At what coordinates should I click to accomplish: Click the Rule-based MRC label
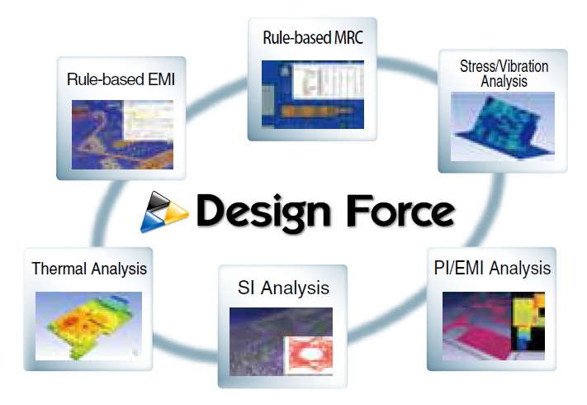click(313, 38)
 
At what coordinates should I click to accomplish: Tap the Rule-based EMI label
click(121, 79)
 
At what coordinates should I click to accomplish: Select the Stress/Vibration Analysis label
click(504, 74)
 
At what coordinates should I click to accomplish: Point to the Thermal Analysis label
click(89, 269)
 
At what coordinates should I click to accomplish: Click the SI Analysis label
click(283, 288)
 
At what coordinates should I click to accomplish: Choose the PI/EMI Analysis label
click(492, 269)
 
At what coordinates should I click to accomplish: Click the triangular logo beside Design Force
click(164, 212)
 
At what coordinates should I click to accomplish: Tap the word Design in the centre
click(263, 212)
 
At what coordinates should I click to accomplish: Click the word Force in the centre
click(400, 211)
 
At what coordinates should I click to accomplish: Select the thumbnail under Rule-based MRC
click(313, 94)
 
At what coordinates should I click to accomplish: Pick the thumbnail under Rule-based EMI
click(122, 135)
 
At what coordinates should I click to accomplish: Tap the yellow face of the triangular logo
click(175, 212)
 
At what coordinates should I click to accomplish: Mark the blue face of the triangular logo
click(151, 222)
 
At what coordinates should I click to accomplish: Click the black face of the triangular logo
click(157, 201)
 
